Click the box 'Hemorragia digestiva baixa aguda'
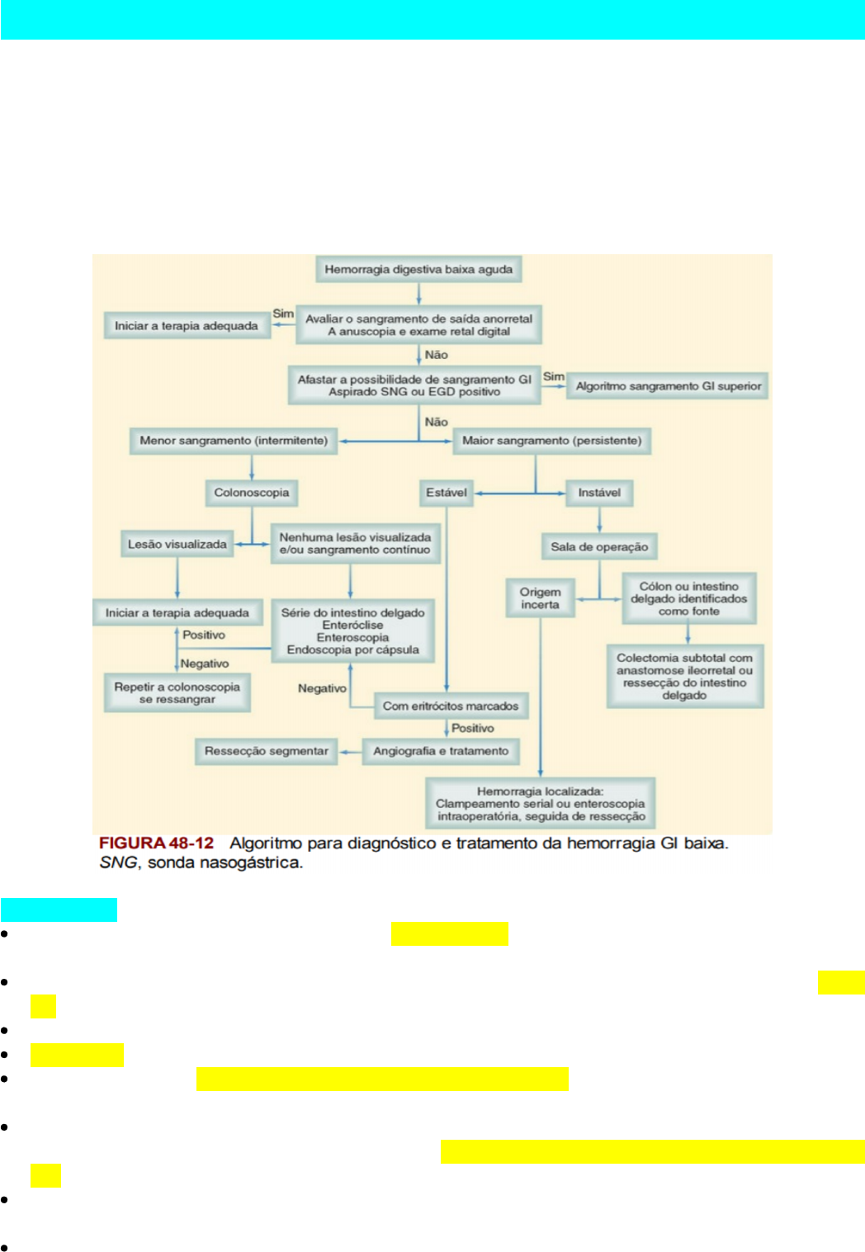coord(418,269)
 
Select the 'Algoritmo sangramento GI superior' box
coord(668,385)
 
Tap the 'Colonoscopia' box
coord(252,493)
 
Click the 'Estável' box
coord(447,493)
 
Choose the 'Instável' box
coord(599,493)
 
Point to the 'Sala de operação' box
coord(599,546)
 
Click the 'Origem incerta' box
coord(540,598)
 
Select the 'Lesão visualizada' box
coord(177,545)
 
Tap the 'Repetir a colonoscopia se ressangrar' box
coord(177,692)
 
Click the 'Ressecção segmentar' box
coord(266,751)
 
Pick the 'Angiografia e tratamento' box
coord(441,751)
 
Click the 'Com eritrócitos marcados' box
coord(451,706)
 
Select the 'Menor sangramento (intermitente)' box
coord(234,441)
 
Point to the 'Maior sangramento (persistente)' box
coord(551,441)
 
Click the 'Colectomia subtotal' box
coord(684,676)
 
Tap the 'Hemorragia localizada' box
coord(541,804)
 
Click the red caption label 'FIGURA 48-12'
coord(156,843)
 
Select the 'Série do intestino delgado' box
coord(352,631)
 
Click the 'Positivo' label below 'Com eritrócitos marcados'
coord(473,728)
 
